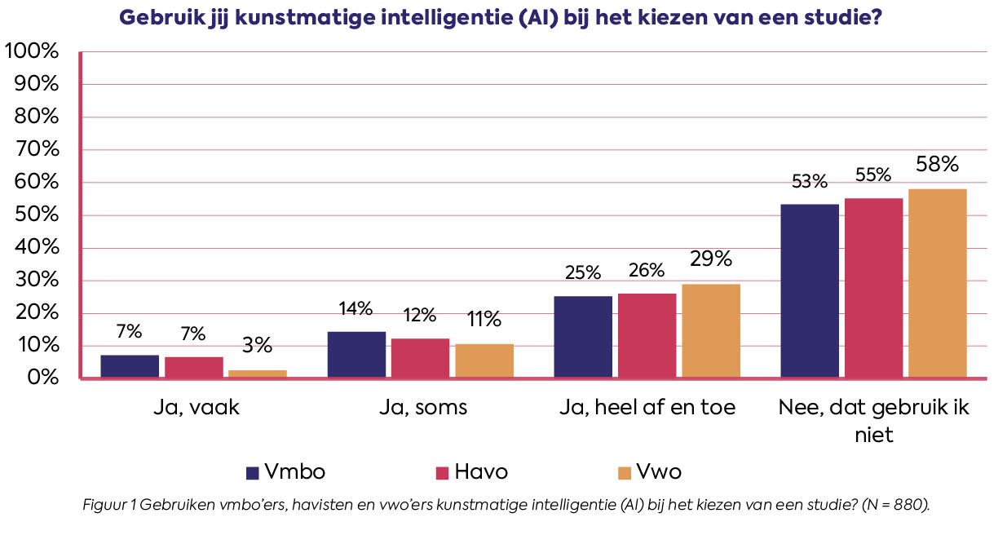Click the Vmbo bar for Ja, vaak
click(130, 366)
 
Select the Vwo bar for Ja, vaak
click(258, 374)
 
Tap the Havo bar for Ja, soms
click(421, 358)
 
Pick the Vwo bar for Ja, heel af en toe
click(711, 331)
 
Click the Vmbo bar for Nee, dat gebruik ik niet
click(810, 291)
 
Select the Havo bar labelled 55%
click(873, 288)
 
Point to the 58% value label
click(938, 164)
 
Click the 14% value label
click(356, 308)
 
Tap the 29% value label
click(711, 259)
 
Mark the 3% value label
click(258, 346)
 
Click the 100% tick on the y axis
click(32, 51)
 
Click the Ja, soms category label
click(423, 407)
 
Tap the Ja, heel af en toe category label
click(647, 407)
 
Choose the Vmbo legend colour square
click(253, 473)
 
